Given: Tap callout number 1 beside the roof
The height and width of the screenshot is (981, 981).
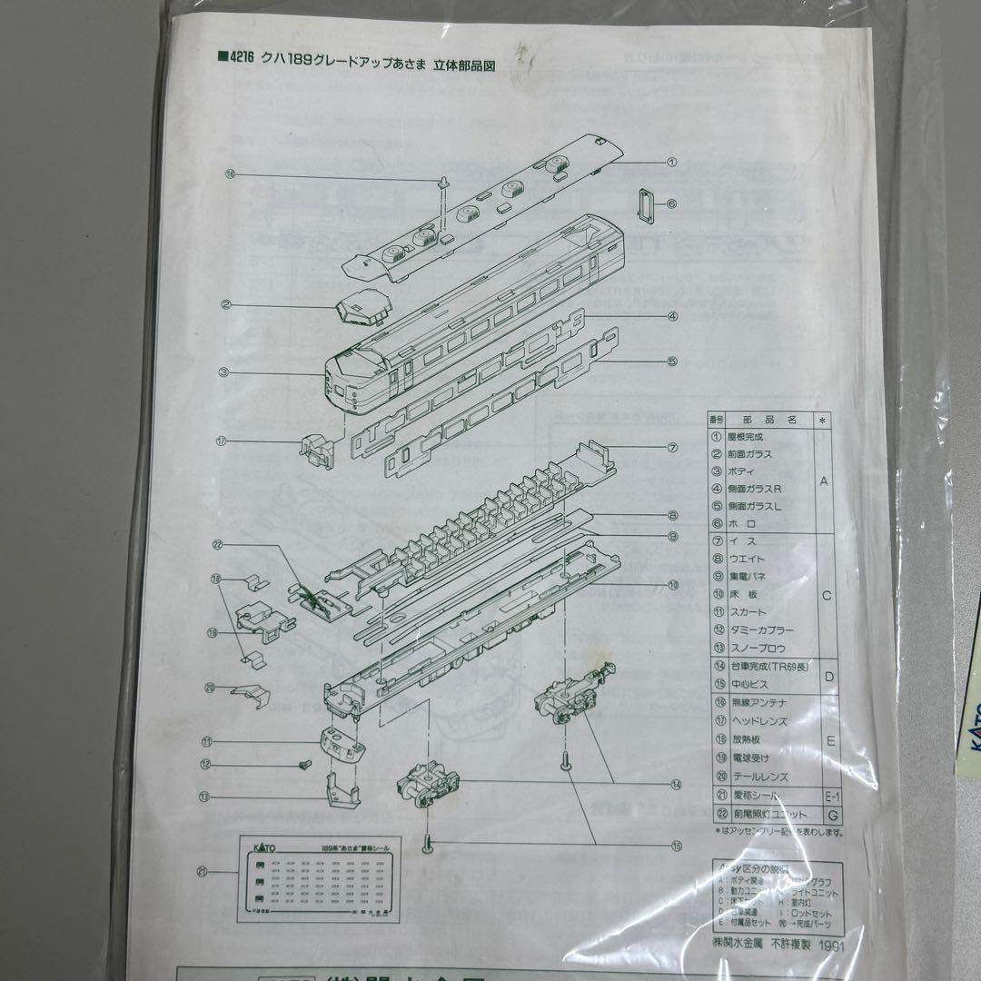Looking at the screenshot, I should point(672,163).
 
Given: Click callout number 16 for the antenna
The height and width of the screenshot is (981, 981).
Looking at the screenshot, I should point(230,174).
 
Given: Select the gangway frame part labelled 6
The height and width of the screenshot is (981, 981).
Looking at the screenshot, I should point(647,204).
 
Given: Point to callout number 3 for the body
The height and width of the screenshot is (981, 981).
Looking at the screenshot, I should point(223,372).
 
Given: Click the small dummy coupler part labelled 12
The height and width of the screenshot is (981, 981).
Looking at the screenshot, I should point(303,766).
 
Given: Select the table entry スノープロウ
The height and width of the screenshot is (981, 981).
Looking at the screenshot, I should point(754,648).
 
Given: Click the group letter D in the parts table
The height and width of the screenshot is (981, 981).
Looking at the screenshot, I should point(825,675).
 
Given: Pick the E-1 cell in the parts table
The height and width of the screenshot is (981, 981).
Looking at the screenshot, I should point(825,797).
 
